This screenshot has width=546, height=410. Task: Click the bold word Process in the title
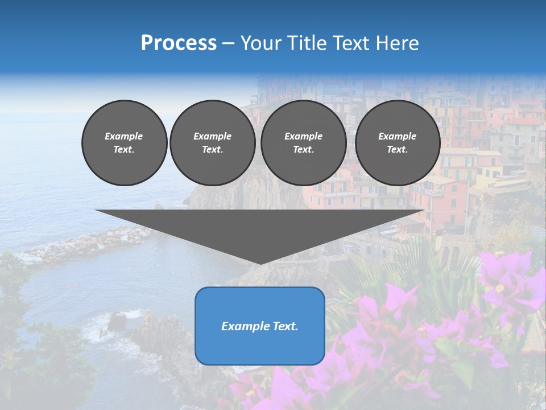(x=179, y=43)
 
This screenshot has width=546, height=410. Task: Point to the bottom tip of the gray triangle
(x=260, y=263)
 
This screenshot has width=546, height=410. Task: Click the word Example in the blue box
(x=245, y=326)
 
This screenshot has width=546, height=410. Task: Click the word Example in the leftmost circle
(x=124, y=136)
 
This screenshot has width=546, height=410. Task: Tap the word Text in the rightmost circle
(x=397, y=149)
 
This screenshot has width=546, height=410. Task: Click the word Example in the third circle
(x=303, y=136)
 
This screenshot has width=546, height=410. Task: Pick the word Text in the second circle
(x=212, y=149)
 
